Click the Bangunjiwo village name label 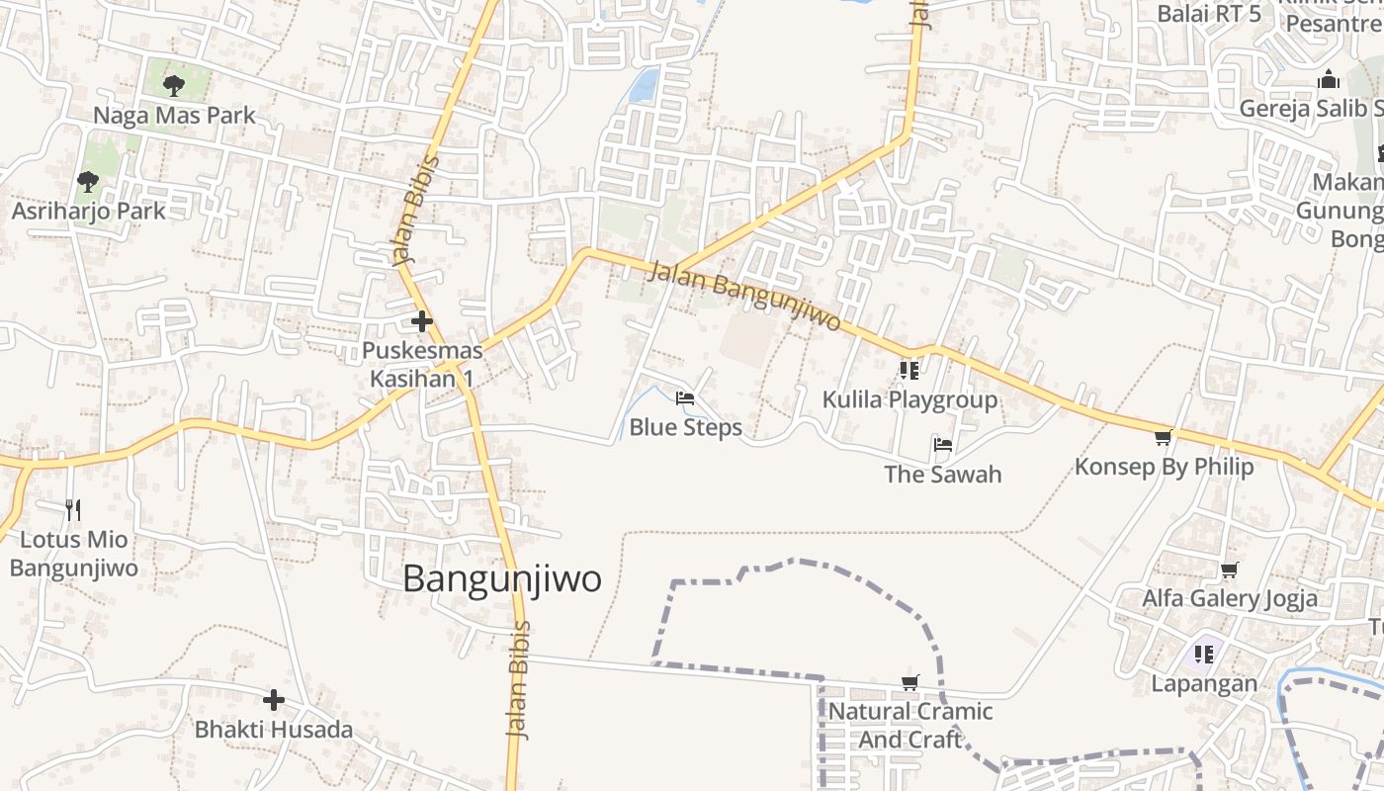coord(501,579)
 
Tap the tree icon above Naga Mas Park coord(174,86)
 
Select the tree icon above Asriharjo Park coord(88,181)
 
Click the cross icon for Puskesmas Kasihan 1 coord(422,321)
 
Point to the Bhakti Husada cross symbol coord(274,701)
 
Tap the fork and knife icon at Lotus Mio coord(73,510)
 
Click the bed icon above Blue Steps coord(685,399)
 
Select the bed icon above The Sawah coord(943,445)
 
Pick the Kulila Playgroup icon coord(909,371)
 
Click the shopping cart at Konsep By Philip coord(1164,437)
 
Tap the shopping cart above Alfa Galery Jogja coord(1230,570)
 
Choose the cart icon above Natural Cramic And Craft coord(910,682)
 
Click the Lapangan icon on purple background coord(1204,654)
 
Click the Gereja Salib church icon coord(1330,79)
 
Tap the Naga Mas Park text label coord(174,116)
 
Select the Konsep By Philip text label coord(1164,467)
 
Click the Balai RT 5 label coord(1209,14)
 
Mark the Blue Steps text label coord(685,428)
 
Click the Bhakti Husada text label coord(274,731)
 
